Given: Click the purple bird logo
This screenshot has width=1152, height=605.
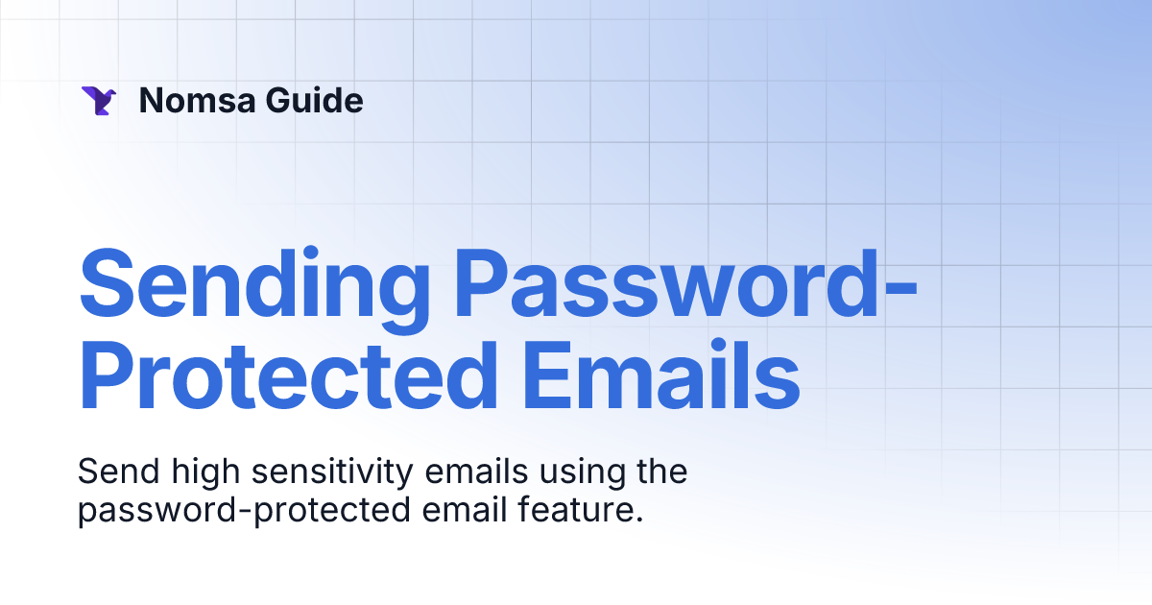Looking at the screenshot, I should coord(99,101).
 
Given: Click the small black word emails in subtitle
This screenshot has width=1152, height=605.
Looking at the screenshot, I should coord(447,473).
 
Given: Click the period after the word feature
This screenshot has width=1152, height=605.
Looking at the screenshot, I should coord(638,520).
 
